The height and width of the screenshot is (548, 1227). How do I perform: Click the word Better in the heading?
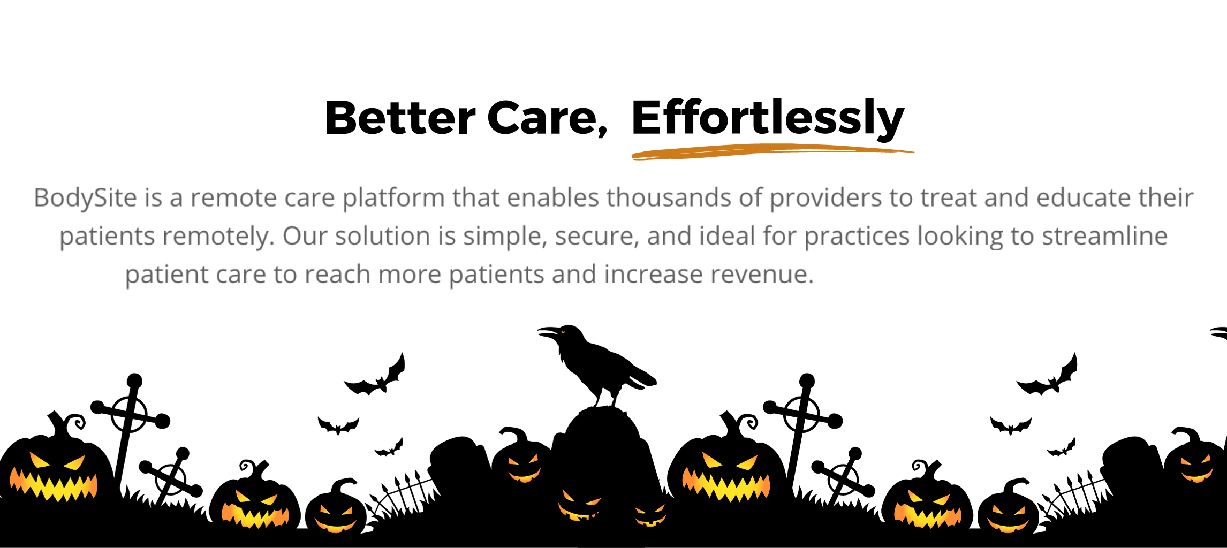click(x=400, y=118)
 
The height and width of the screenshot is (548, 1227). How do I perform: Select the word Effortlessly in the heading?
click(x=768, y=119)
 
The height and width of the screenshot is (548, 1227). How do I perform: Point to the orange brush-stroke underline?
click(x=773, y=152)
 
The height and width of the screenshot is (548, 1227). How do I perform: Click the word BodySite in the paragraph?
click(x=86, y=198)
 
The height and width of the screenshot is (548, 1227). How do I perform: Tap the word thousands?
click(x=669, y=197)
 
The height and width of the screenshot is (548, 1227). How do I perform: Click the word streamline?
click(x=1104, y=236)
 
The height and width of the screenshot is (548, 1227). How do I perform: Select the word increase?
click(x=654, y=275)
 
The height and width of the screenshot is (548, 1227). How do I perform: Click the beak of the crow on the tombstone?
click(x=547, y=332)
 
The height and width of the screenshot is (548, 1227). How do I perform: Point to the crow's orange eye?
click(x=563, y=332)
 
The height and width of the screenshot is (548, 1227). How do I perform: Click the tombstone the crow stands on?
click(x=604, y=450)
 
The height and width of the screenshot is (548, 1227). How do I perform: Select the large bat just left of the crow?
click(x=377, y=377)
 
